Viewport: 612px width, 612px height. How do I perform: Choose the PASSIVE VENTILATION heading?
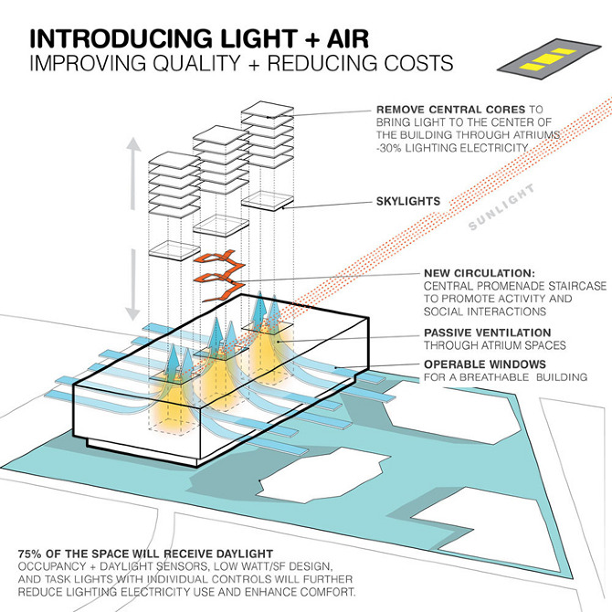487,332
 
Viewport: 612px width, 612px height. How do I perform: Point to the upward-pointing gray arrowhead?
135,147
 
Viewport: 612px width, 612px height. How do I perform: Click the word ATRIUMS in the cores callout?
572,135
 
